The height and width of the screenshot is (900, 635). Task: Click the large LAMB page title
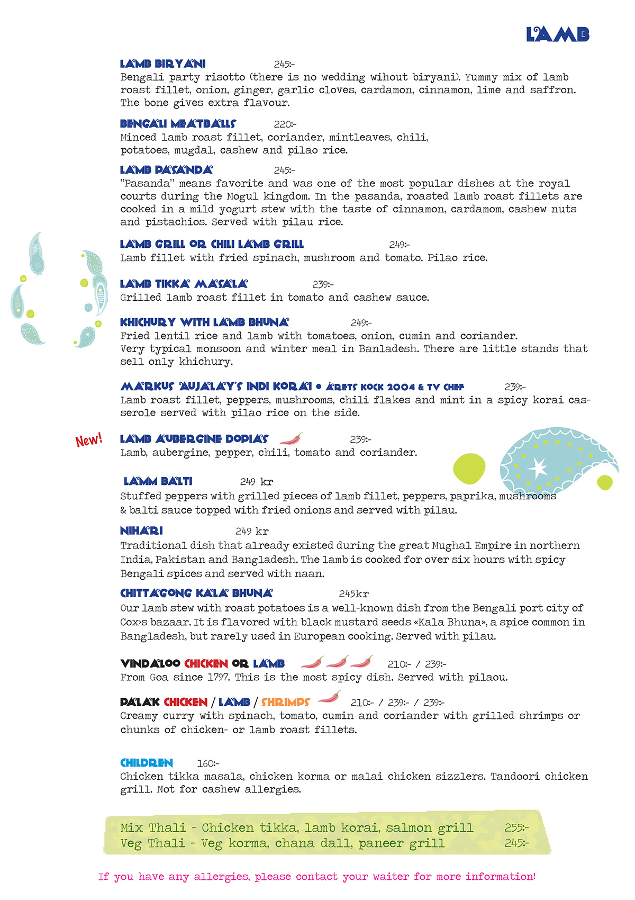[557, 34]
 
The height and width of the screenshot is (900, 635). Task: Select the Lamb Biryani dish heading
[163, 64]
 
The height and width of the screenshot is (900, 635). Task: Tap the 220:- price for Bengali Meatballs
[285, 124]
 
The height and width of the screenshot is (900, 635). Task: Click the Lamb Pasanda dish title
[166, 170]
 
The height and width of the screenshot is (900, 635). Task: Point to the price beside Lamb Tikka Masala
[322, 284]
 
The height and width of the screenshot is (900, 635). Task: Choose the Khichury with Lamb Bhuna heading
[204, 322]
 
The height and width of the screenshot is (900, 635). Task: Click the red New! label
[88, 440]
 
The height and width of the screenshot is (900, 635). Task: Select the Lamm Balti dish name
[158, 481]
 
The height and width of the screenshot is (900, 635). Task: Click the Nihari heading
[141, 530]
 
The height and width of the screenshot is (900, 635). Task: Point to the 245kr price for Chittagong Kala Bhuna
[353, 594]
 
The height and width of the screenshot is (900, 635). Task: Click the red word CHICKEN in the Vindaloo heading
[206, 664]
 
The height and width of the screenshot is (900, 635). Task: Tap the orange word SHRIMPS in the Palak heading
[285, 703]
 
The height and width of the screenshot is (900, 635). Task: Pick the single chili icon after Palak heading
[329, 698]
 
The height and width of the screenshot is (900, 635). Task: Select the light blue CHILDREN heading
[147, 763]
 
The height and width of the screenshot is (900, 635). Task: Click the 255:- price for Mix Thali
[516, 828]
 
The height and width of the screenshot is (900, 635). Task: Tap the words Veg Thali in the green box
[153, 843]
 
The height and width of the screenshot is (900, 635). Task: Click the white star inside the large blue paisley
[538, 467]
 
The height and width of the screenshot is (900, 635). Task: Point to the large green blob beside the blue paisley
[469, 469]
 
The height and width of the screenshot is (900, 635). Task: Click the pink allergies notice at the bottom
[317, 877]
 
